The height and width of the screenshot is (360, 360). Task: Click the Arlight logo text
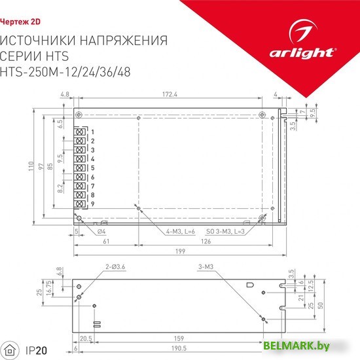[302, 53]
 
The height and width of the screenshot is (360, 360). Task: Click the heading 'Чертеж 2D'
[20, 22]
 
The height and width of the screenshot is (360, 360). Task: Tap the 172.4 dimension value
[170, 94]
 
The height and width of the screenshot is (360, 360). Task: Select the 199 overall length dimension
[180, 251]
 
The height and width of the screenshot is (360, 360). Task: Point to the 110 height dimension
[31, 166]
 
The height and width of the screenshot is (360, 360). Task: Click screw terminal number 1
[79, 132]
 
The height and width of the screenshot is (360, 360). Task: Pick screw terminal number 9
[79, 204]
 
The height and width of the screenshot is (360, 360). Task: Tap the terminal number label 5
[92, 168]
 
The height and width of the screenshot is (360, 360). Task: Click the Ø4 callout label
[101, 232]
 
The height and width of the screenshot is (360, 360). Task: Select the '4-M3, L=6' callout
[181, 232]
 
